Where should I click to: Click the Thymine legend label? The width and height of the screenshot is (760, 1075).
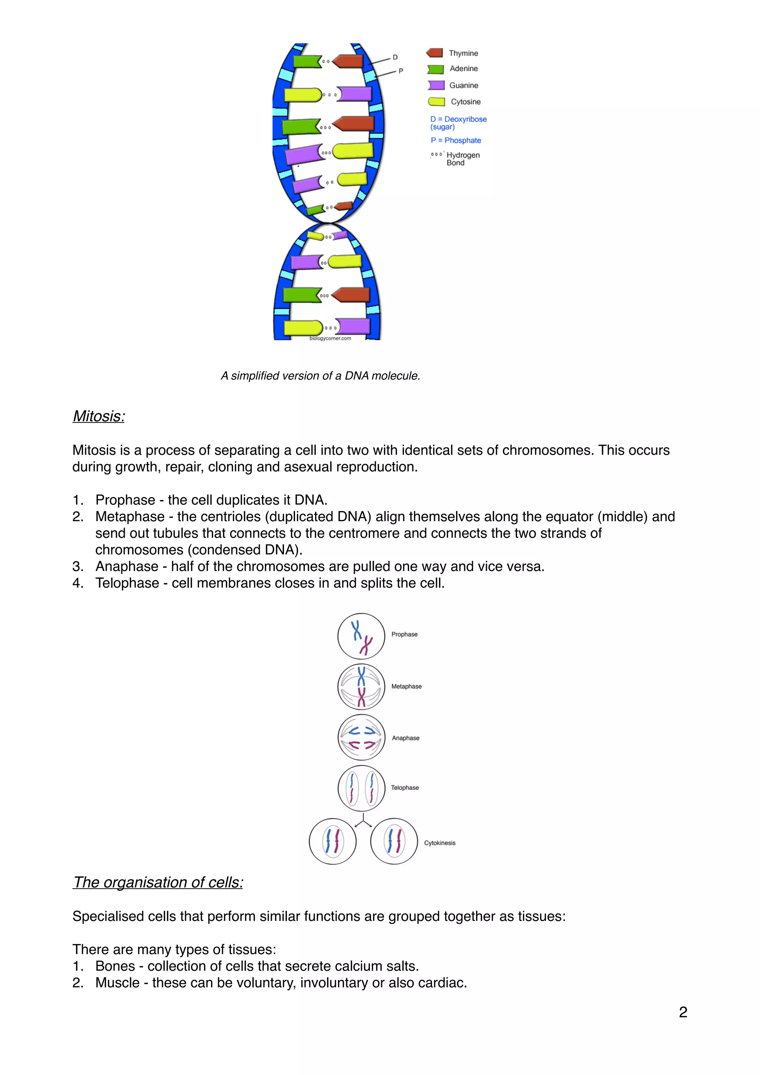pyautogui.click(x=463, y=53)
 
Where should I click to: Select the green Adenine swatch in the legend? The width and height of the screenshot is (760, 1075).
pyautogui.click(x=435, y=69)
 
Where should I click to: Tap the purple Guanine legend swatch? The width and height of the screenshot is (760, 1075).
pyautogui.click(x=436, y=85)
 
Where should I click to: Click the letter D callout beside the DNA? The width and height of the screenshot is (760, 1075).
pyautogui.click(x=395, y=57)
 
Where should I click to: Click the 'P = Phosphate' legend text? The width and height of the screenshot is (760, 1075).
pyautogui.click(x=455, y=140)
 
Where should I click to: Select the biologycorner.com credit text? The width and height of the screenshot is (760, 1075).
pyautogui.click(x=330, y=339)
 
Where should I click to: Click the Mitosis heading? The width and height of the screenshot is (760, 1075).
pyautogui.click(x=99, y=416)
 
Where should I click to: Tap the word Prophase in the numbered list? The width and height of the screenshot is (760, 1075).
pyautogui.click(x=125, y=500)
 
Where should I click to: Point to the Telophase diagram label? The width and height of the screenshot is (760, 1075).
pyautogui.click(x=405, y=788)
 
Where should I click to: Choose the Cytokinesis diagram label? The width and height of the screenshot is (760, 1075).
pyautogui.click(x=439, y=843)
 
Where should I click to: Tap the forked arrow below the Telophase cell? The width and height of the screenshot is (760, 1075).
pyautogui.click(x=363, y=820)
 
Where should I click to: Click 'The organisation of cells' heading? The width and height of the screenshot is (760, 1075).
pyautogui.click(x=158, y=882)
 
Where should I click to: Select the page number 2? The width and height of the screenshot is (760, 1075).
pyautogui.click(x=683, y=1012)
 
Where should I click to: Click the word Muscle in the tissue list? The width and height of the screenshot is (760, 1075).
pyautogui.click(x=117, y=982)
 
